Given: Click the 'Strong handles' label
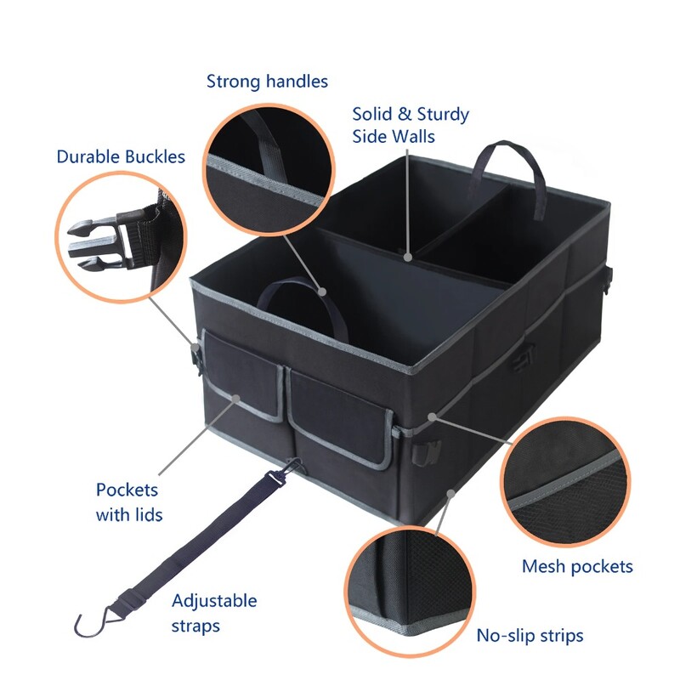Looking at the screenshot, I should tap(267, 82).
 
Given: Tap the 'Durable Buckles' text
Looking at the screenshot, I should tap(120, 157).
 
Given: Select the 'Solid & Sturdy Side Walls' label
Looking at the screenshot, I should tap(411, 125).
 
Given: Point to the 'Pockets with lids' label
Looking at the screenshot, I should tap(129, 501).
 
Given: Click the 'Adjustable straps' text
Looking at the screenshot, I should tap(214, 613).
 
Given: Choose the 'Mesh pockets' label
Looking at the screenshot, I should tap(577, 566).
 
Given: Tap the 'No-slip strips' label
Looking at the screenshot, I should tap(530, 635).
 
